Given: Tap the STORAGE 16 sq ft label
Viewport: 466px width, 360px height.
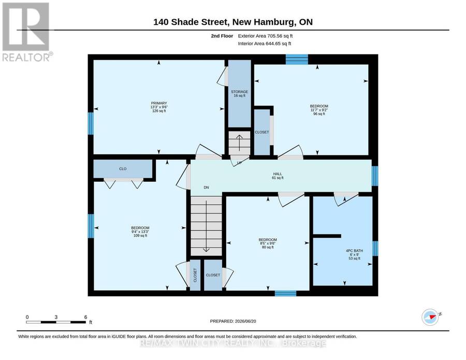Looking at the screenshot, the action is click(x=240, y=94).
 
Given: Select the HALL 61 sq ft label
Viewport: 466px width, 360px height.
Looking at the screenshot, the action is click(x=278, y=176).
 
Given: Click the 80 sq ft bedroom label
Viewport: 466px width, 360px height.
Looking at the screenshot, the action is click(x=268, y=243).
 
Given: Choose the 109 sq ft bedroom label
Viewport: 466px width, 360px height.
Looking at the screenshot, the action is click(x=140, y=232).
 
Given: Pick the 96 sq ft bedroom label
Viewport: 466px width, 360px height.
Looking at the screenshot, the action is click(x=319, y=110).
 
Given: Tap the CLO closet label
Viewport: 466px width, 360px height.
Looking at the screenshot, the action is click(x=123, y=168).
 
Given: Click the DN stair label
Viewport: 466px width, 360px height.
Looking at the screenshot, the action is click(x=206, y=188).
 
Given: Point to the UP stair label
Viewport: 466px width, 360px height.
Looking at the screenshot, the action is click(x=239, y=163).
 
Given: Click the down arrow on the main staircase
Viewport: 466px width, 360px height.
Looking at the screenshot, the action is click(x=206, y=226).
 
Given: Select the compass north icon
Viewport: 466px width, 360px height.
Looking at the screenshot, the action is click(x=430, y=317).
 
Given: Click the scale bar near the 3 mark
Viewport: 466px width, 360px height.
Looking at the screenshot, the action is click(x=56, y=322).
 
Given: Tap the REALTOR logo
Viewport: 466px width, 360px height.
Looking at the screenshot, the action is click(x=26, y=32).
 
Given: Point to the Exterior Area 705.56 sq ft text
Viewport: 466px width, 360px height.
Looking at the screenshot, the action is click(x=266, y=36).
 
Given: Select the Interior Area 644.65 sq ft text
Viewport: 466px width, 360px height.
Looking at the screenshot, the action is click(x=265, y=44).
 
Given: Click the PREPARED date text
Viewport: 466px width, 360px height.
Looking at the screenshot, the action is click(x=233, y=321).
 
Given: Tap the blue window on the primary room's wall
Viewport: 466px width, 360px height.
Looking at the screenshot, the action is click(x=91, y=123).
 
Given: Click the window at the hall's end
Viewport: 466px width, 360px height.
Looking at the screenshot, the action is click(x=375, y=176).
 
